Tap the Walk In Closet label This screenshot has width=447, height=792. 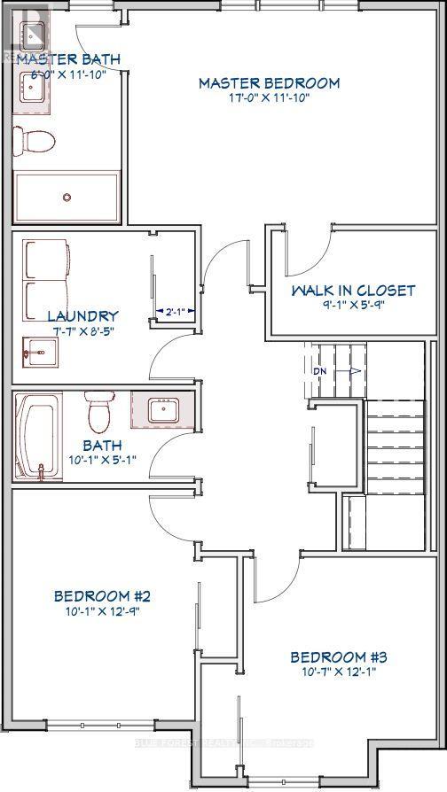click(353, 290)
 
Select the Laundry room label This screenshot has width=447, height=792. click(82, 315)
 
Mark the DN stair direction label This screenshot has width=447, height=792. click(319, 370)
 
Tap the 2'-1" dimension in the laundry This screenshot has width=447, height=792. click(172, 312)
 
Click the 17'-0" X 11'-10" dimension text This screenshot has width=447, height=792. click(269, 98)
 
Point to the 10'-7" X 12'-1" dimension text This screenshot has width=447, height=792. click(340, 672)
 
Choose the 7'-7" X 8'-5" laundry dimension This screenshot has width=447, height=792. click(82, 331)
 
